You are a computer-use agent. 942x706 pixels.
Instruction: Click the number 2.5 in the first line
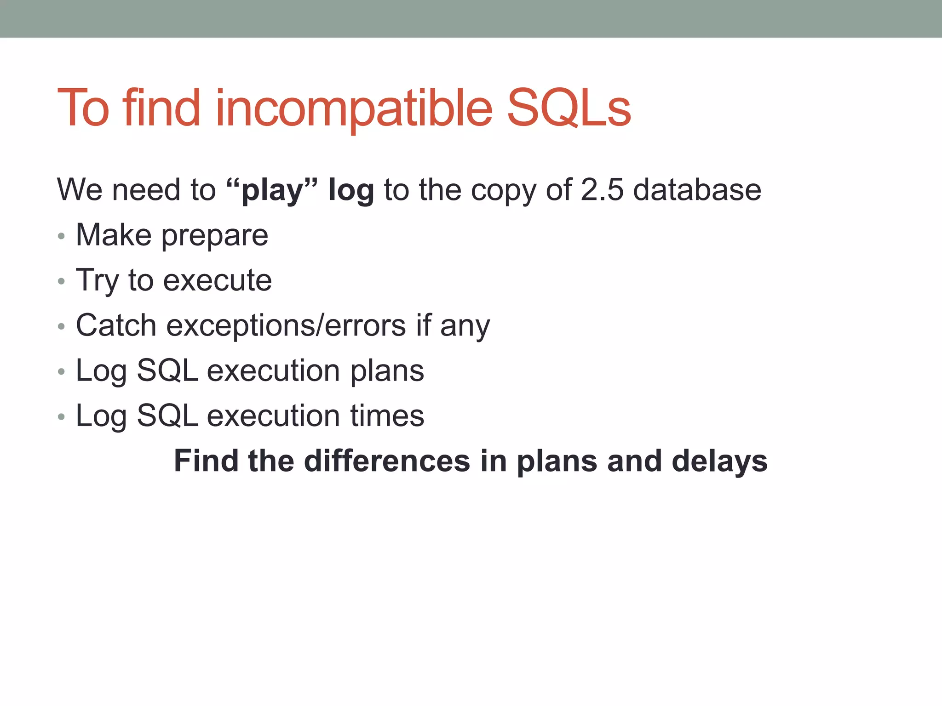602,190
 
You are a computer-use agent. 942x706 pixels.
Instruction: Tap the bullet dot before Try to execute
62,281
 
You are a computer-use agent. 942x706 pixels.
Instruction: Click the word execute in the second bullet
217,280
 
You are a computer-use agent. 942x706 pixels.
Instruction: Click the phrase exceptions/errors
286,325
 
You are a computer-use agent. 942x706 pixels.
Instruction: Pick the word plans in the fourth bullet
387,371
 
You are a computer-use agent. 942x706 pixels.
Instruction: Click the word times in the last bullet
387,416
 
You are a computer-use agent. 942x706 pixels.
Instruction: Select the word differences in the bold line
387,461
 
